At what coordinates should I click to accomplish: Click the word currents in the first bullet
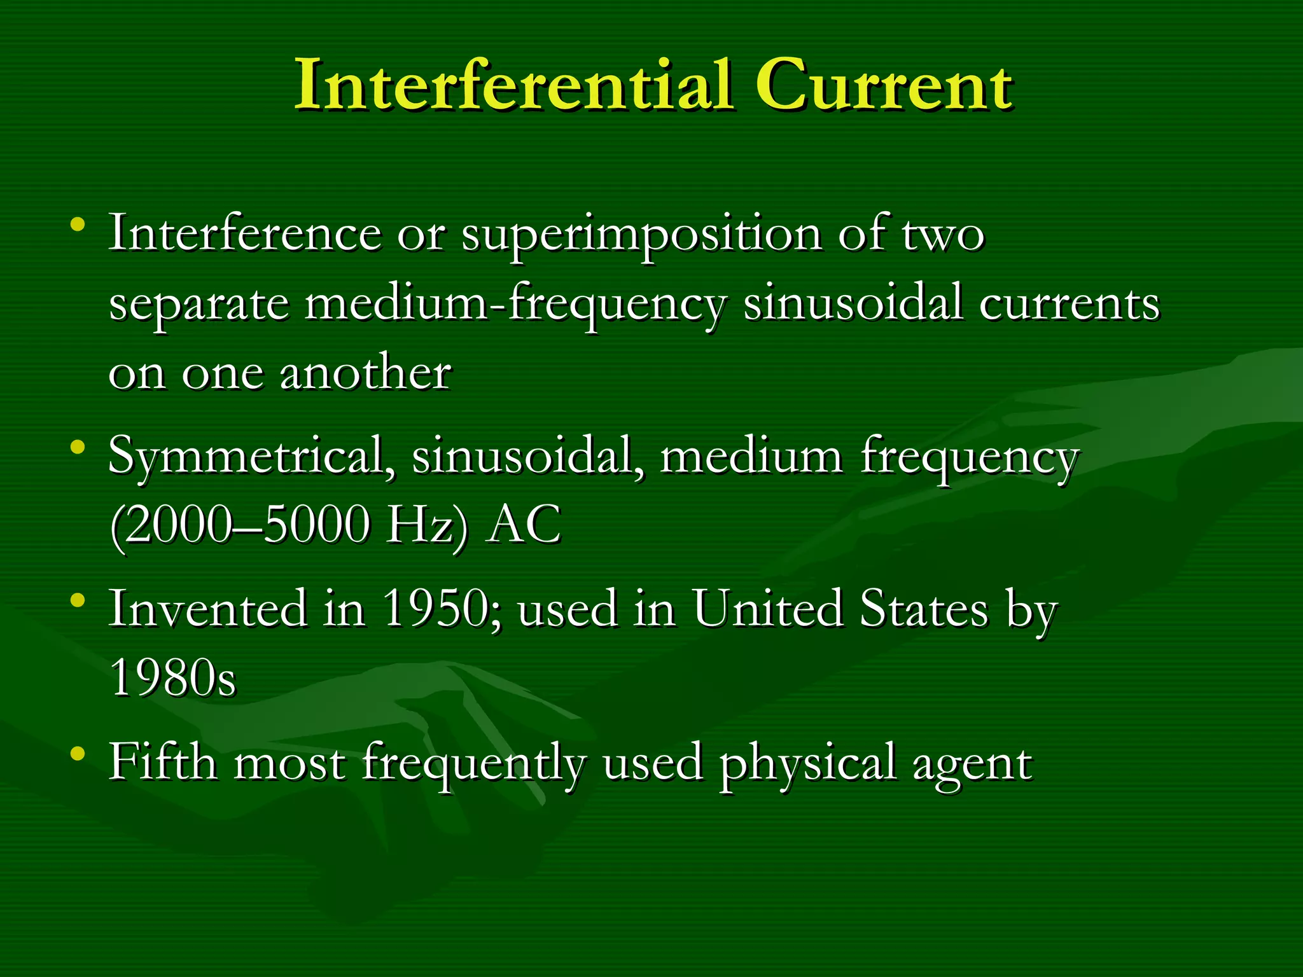point(1069,304)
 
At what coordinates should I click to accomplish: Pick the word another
point(366,373)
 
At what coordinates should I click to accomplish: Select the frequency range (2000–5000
point(239,525)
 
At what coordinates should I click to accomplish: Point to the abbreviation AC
point(523,525)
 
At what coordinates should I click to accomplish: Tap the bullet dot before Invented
point(78,600)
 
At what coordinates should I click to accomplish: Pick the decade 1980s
point(172,678)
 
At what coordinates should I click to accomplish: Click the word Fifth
point(163,762)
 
